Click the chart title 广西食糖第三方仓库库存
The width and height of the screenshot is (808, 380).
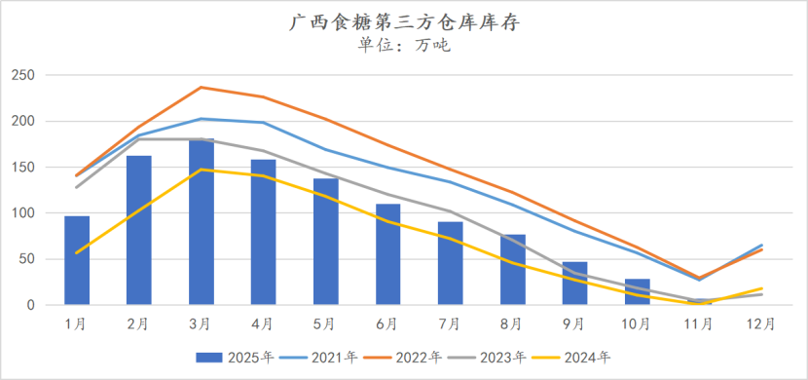coord(404,21)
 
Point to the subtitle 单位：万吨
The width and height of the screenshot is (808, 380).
coord(404,44)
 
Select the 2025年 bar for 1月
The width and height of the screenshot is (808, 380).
coord(77,260)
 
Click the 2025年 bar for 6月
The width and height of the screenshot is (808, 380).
coord(387,254)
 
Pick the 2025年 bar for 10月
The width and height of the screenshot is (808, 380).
coord(637,292)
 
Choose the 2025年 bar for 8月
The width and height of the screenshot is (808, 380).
coord(512,270)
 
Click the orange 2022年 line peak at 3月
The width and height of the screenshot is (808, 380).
coord(202,88)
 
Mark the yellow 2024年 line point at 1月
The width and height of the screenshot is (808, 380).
coord(77,252)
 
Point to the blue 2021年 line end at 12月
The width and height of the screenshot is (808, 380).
coord(761,246)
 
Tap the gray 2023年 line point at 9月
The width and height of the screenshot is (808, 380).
coord(574,274)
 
